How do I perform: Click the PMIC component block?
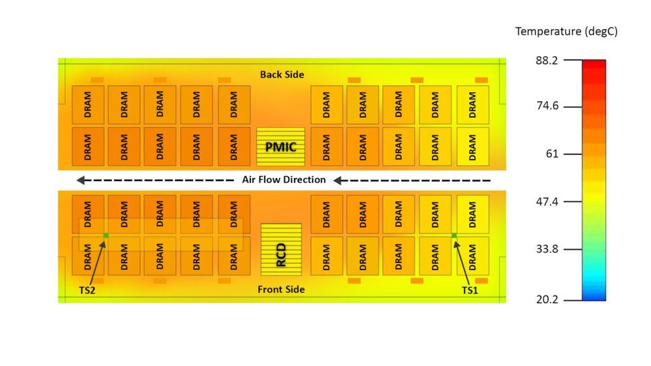tap(280, 147)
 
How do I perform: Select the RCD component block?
tap(281, 249)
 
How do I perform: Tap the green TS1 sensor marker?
tap(454, 235)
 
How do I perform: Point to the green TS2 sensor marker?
tap(106, 235)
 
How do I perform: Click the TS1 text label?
tap(470, 290)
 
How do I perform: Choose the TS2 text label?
tap(87, 290)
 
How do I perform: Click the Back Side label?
tap(282, 75)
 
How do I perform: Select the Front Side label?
tap(281, 289)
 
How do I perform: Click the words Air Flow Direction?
tap(284, 180)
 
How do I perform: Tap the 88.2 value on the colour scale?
tap(547, 60)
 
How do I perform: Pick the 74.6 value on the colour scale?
tap(547, 106)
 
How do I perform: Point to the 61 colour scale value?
tap(552, 154)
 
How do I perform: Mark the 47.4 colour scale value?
tap(547, 201)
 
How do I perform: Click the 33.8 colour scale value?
tap(547, 249)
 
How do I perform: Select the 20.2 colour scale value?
tap(547, 299)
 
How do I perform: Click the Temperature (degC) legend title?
tap(566, 32)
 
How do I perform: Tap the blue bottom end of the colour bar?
tap(594, 296)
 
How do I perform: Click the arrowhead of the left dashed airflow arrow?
tap(81, 180)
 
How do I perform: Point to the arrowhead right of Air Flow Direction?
tap(337, 180)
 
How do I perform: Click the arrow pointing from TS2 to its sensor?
tap(97, 262)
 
